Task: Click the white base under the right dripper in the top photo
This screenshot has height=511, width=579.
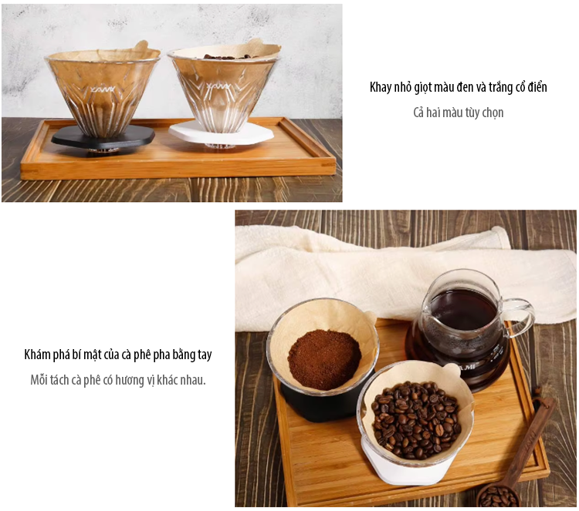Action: [x=221, y=133]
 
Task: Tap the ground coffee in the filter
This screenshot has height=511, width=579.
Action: [x=323, y=359]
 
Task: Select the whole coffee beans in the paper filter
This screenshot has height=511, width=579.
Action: [x=415, y=419]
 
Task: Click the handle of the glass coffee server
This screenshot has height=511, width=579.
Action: [x=520, y=317]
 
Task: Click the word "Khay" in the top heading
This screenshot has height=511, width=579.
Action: [x=380, y=88]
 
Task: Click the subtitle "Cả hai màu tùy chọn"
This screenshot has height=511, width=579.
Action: [x=459, y=113]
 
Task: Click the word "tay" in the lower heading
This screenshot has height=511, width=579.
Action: [x=205, y=355]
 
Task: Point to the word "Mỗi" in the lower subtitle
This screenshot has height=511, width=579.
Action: [x=39, y=380]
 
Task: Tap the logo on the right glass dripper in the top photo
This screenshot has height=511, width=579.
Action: [x=221, y=87]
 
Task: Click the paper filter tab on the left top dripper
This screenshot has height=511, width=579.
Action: [x=141, y=47]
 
